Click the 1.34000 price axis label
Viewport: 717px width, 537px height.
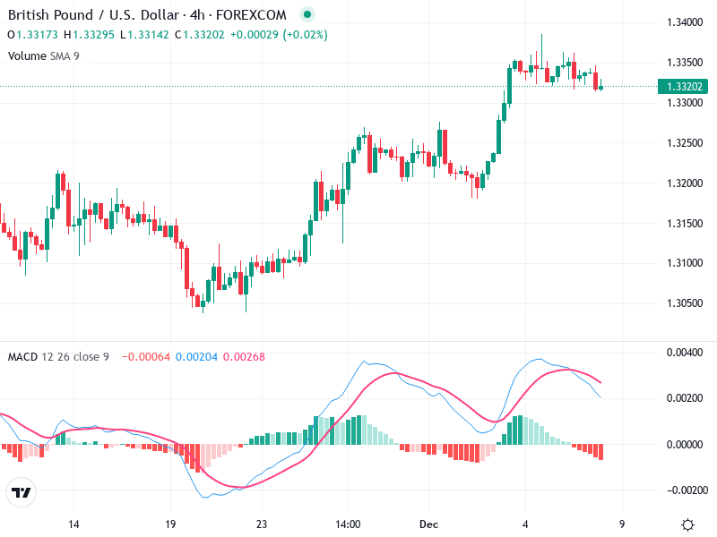click(x=685, y=22)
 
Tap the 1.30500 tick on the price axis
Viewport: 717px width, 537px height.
click(x=685, y=303)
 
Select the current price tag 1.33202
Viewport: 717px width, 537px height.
click(x=685, y=87)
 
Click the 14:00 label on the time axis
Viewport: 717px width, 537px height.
click(x=348, y=524)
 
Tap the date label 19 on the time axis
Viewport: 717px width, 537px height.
click(x=170, y=524)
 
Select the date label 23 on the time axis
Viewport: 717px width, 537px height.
click(x=261, y=524)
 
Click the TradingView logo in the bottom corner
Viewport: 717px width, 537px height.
click(x=22, y=493)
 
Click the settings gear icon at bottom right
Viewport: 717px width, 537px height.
click(x=687, y=524)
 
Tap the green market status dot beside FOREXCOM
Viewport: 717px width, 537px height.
click(x=307, y=15)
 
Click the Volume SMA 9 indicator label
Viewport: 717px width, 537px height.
click(x=44, y=55)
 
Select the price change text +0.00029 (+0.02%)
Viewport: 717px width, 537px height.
click(x=279, y=35)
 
